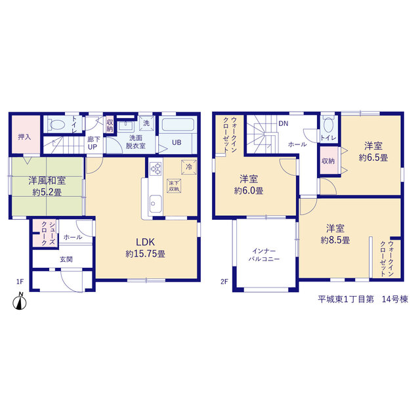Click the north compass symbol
(x=20, y=302)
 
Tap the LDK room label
(x=146, y=242)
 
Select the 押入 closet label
(x=24, y=137)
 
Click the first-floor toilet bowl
(x=57, y=124)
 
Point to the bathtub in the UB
(x=178, y=124)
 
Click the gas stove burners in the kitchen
(x=156, y=169)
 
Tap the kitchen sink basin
(x=156, y=203)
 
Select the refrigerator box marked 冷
(x=189, y=167)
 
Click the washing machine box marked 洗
(x=146, y=123)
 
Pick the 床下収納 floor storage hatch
(x=174, y=186)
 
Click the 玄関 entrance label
(x=66, y=259)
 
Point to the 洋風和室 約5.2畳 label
(x=47, y=186)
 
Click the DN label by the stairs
(x=283, y=123)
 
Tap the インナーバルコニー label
(x=264, y=255)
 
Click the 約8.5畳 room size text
(x=335, y=240)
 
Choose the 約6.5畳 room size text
(x=373, y=157)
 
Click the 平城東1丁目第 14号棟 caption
(x=363, y=299)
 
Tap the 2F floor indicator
(x=224, y=282)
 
